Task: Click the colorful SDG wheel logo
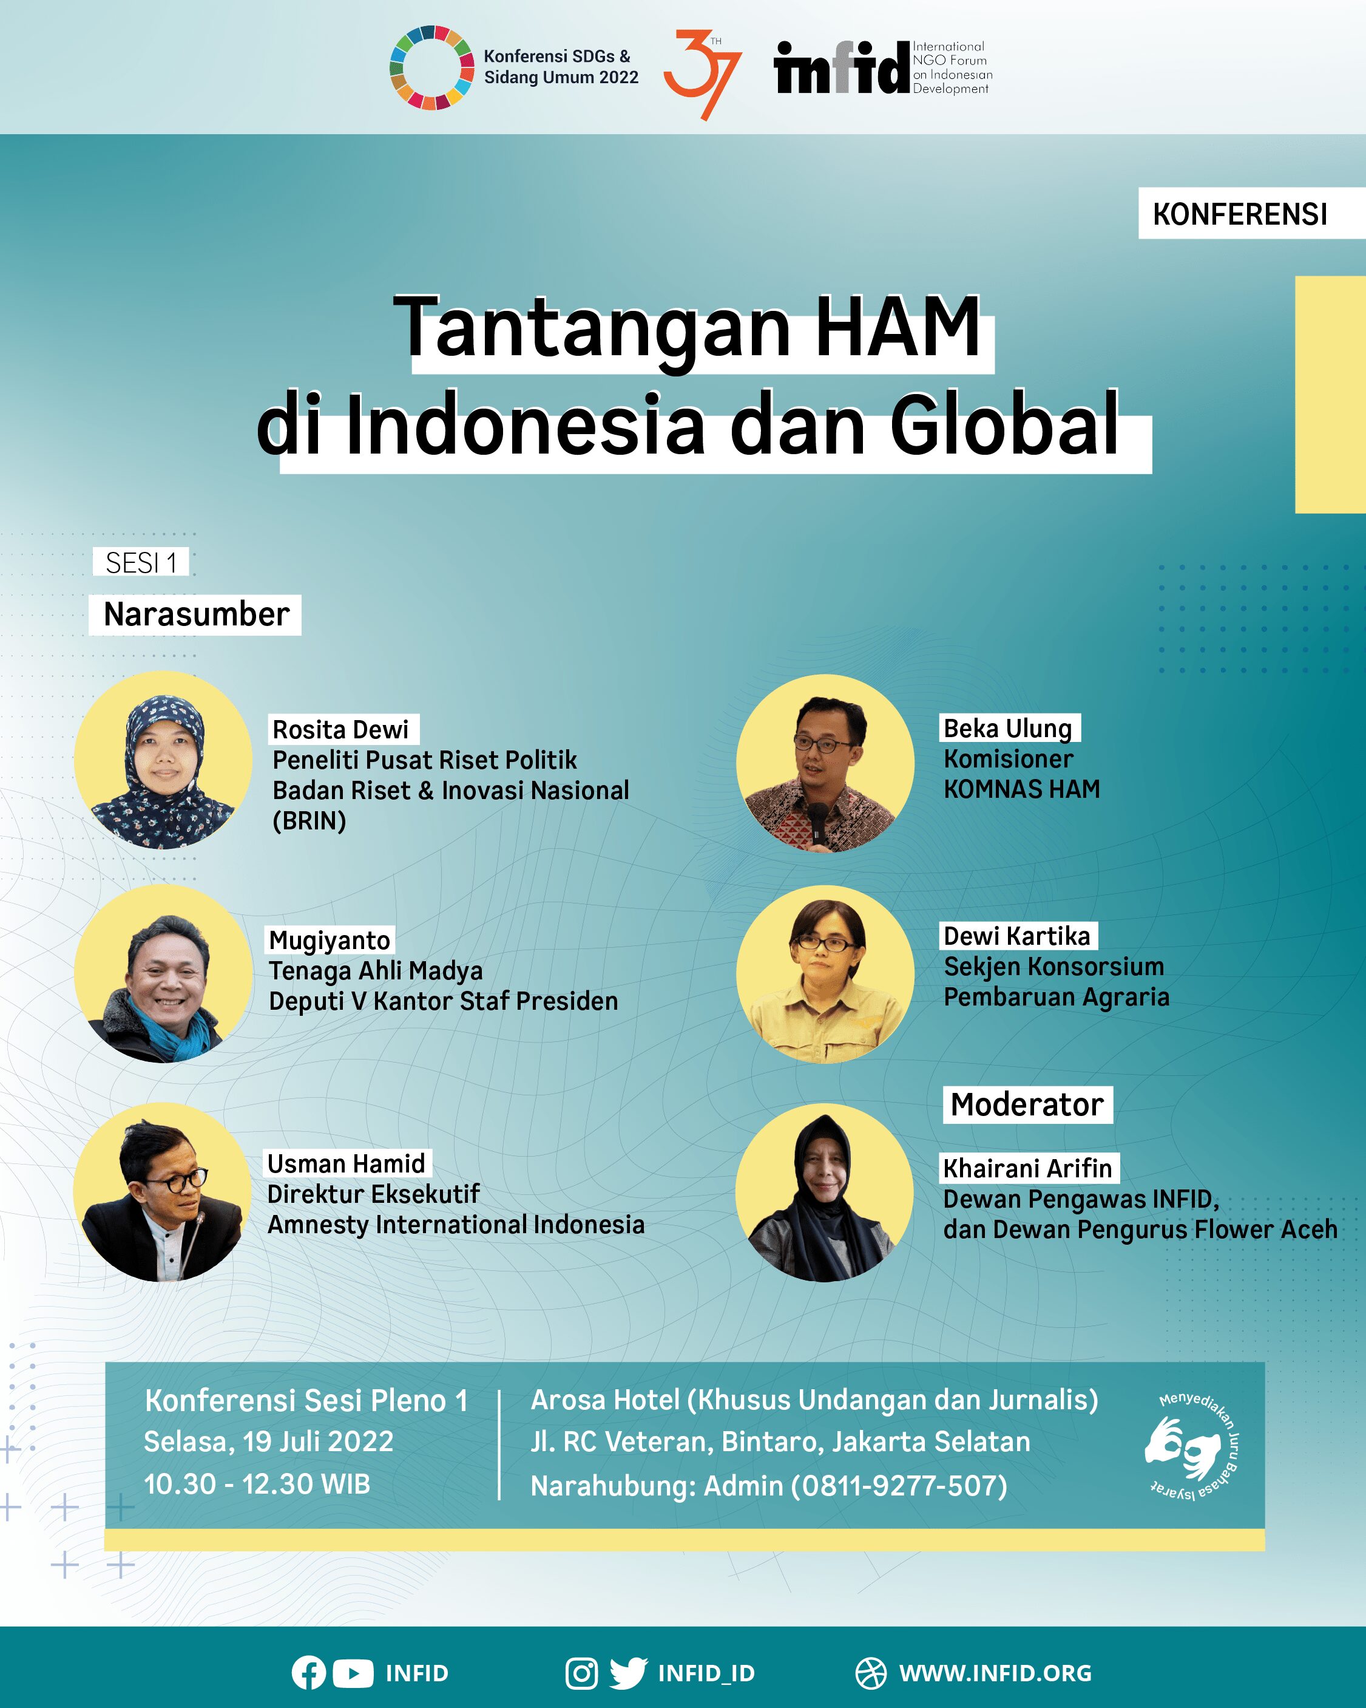click(431, 67)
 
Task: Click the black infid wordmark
click(841, 67)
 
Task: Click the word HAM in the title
click(897, 327)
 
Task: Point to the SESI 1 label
click(141, 562)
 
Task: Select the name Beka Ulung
click(1008, 728)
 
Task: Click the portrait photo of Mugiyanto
click(163, 974)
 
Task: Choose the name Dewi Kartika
click(1018, 936)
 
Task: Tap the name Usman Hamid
click(347, 1164)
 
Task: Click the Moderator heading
click(1027, 1104)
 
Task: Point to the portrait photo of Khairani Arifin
click(824, 1193)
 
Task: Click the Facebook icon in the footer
click(308, 1673)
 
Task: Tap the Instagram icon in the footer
click(581, 1673)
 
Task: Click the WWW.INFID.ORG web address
click(995, 1673)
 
